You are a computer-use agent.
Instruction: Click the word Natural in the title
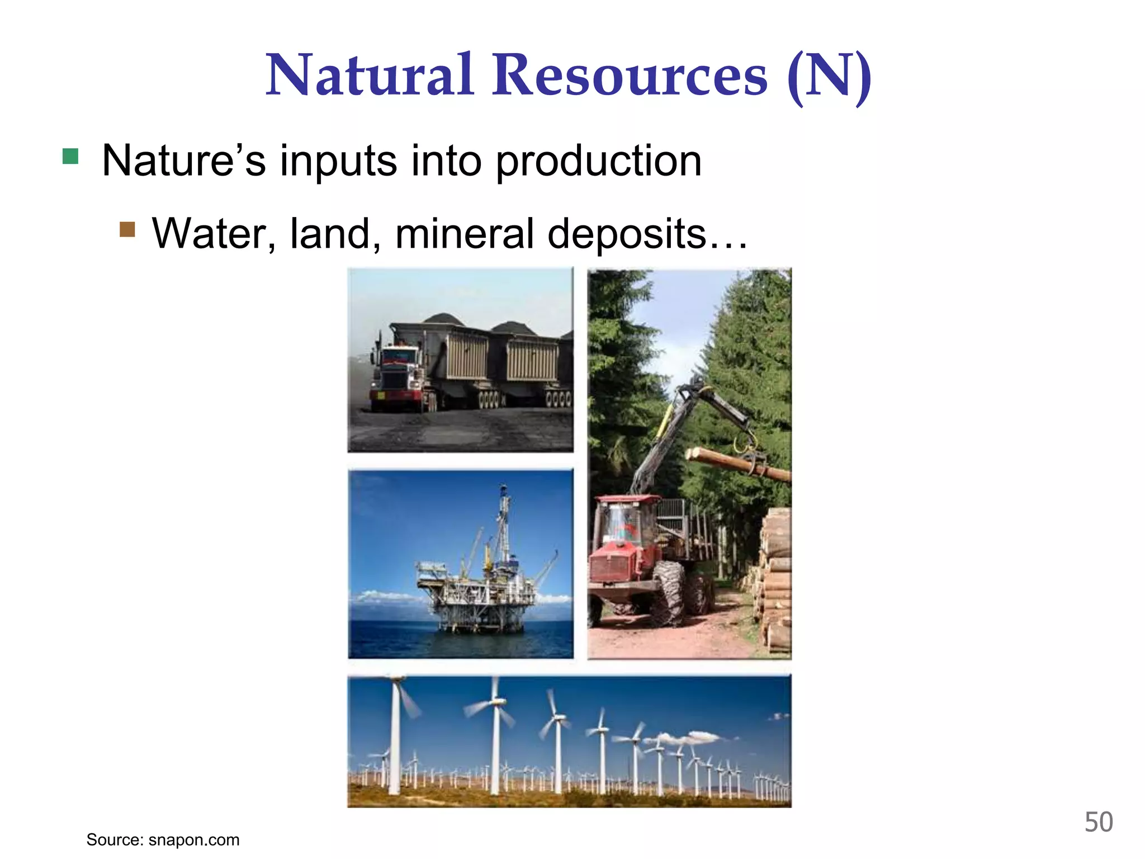pyautogui.click(x=370, y=75)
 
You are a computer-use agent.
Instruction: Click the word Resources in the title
pyautogui.click(x=630, y=75)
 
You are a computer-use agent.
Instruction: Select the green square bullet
pyautogui.click(x=70, y=156)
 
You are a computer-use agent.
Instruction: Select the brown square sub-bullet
pyautogui.click(x=127, y=229)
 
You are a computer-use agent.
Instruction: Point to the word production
pyautogui.click(x=598, y=162)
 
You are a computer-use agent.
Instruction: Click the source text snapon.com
pyautogui.click(x=193, y=840)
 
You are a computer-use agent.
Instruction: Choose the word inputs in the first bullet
pyautogui.click(x=338, y=162)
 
